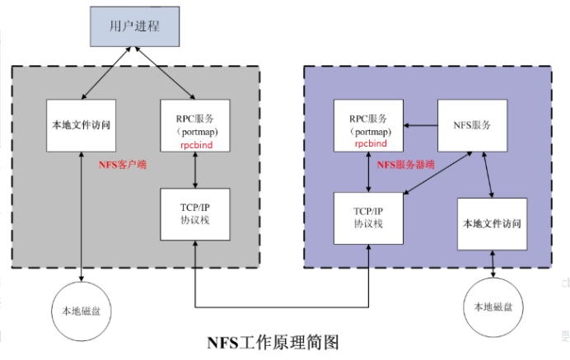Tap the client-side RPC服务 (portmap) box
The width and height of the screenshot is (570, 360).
click(x=194, y=124)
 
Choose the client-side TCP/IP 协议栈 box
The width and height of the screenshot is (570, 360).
click(x=194, y=213)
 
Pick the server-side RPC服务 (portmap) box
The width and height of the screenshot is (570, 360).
click(x=367, y=124)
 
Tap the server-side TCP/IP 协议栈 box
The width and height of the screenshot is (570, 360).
click(x=367, y=217)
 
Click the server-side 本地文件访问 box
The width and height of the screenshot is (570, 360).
click(x=492, y=223)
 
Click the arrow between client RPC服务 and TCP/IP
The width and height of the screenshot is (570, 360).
click(x=194, y=170)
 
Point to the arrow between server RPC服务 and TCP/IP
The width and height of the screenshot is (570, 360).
click(x=368, y=171)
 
